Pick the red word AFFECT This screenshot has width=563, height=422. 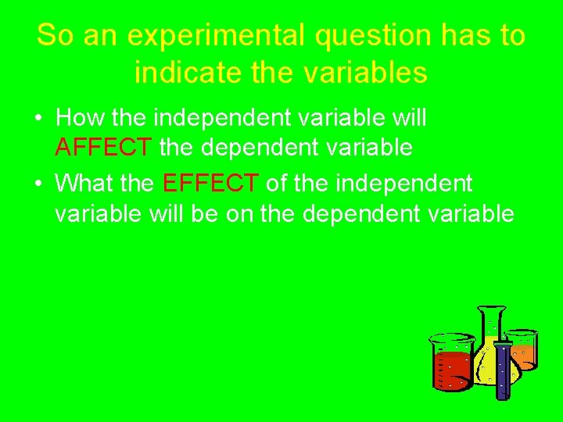[104, 146]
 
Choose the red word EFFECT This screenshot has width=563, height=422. [210, 184]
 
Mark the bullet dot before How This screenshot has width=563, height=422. [38, 120]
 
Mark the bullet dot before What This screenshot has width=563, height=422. [38, 184]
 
